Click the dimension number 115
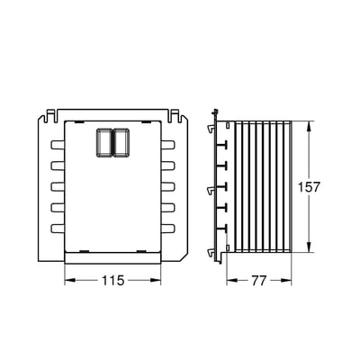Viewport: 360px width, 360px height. coord(112,281)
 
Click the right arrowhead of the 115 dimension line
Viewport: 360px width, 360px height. coord(158,280)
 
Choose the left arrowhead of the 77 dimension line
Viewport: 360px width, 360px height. coord(225,280)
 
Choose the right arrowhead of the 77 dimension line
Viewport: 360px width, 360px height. coord(293,280)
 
